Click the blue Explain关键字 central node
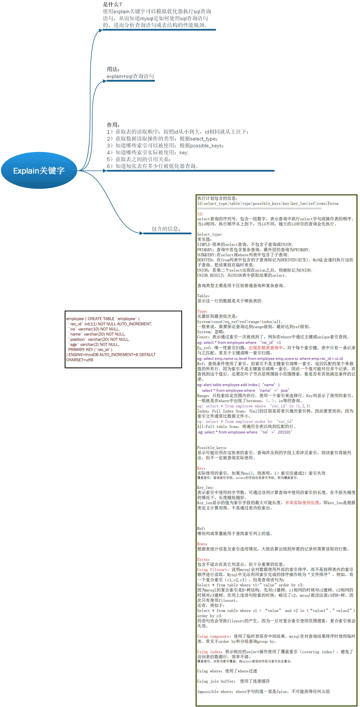pos(39,170)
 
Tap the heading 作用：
pos(113,125)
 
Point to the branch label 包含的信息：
pos(166,229)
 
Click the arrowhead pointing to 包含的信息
pos(141,233)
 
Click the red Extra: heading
pos(203,559)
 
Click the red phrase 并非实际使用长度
pos(302,503)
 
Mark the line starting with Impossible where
pos(263,691)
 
